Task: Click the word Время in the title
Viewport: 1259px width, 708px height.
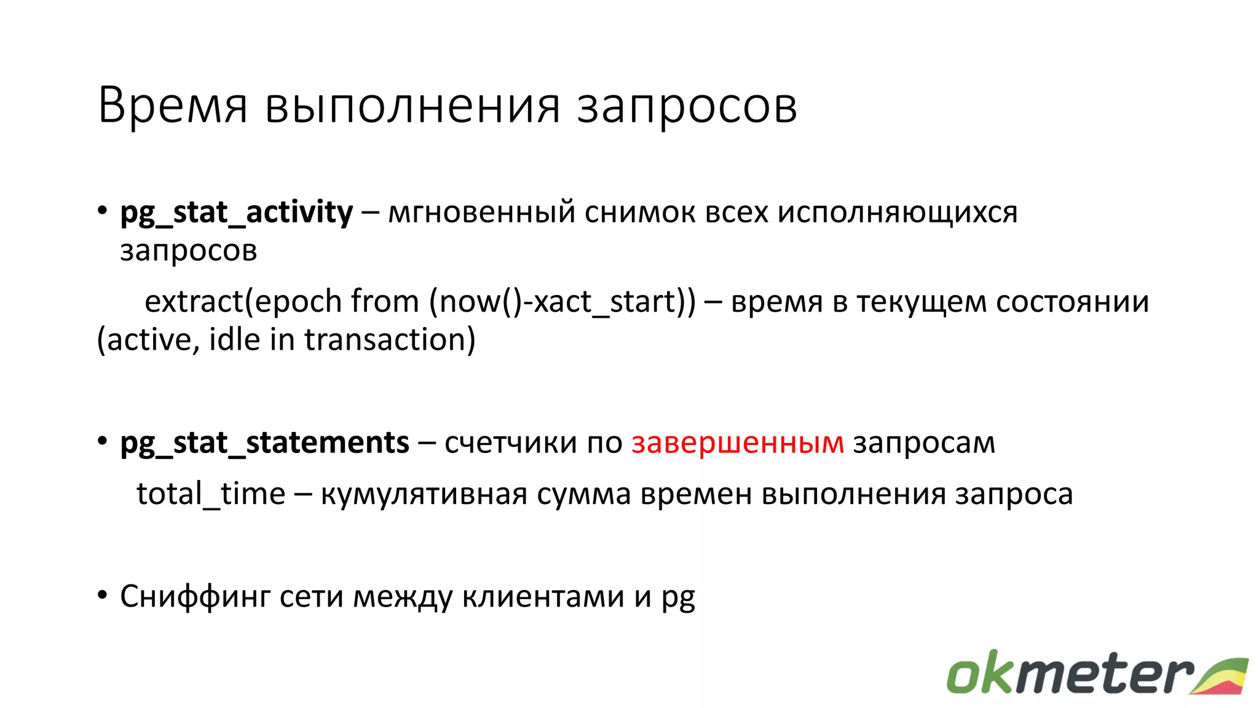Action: [173, 106]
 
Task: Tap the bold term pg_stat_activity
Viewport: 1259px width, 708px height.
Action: [237, 213]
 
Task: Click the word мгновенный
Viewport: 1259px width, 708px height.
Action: [482, 213]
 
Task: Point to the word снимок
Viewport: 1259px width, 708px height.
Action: [640, 213]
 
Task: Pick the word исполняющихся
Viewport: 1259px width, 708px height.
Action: [898, 213]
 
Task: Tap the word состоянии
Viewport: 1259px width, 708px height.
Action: [1072, 302]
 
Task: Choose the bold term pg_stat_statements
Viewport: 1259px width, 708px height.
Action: [264, 443]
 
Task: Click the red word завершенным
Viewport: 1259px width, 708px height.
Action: [738, 443]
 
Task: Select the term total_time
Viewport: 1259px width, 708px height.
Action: [211, 494]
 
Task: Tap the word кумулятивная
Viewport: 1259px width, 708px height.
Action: [424, 494]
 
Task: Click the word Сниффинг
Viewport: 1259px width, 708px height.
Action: [195, 597]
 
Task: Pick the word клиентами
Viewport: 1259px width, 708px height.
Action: [543, 596]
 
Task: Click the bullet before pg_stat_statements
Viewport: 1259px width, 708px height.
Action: [102, 442]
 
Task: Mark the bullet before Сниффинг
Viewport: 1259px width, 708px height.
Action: [102, 595]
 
